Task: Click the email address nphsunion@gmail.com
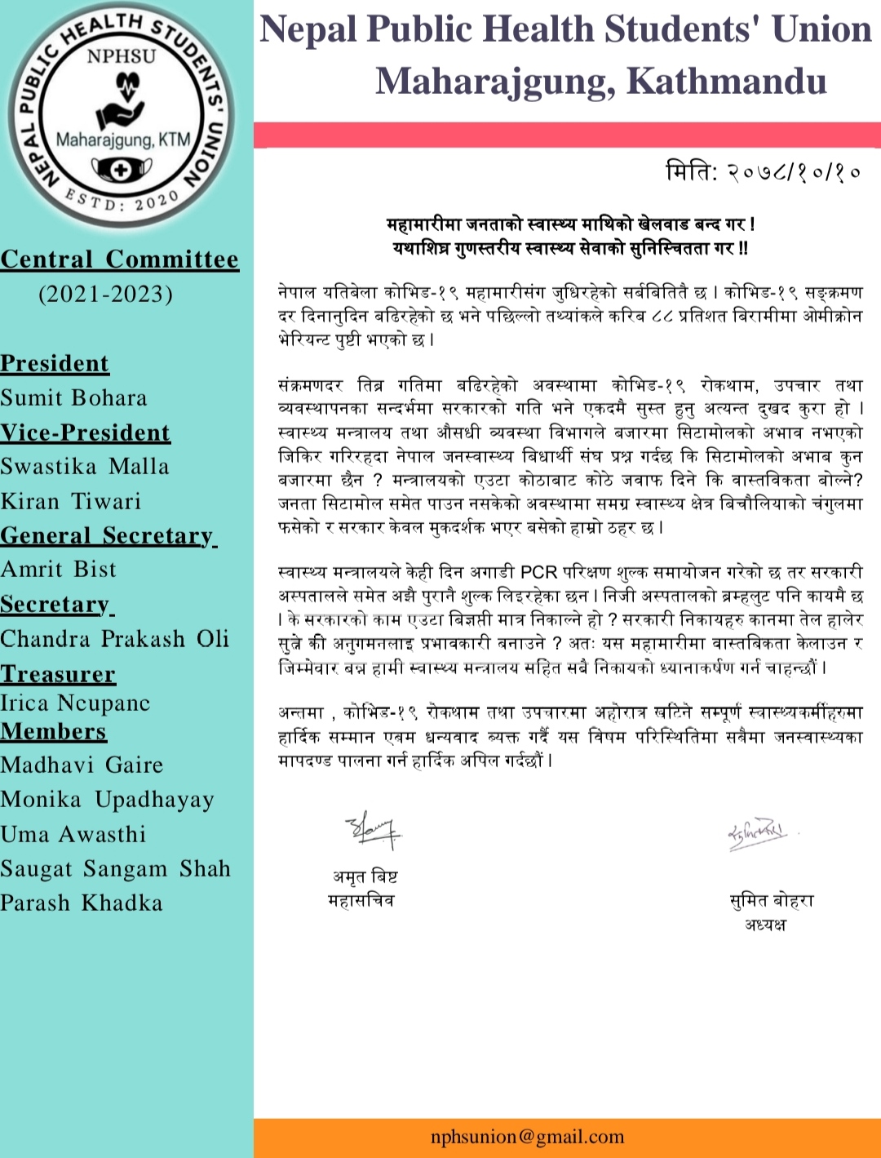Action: (527, 1137)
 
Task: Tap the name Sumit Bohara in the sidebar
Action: (74, 398)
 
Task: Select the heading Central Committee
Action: (120, 260)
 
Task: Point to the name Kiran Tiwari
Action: (71, 501)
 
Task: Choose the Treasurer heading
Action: (58, 674)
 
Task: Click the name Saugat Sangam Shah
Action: (116, 869)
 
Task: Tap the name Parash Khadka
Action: (82, 903)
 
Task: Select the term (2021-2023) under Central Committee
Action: (106, 294)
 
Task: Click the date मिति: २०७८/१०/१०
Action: (764, 173)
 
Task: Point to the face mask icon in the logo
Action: (122, 170)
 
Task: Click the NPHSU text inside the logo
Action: (121, 56)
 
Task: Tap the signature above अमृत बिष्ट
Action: (372, 830)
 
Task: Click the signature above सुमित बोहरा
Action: (758, 833)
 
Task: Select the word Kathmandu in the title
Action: (727, 81)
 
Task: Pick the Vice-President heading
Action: (86, 433)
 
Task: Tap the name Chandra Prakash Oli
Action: (115, 639)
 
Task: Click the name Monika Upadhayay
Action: (108, 800)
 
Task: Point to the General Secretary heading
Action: (107, 536)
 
